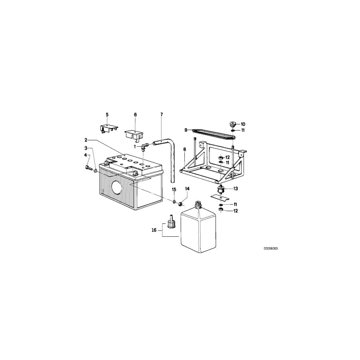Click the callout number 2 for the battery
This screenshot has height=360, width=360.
pyautogui.click(x=86, y=140)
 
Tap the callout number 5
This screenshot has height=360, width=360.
pyautogui.click(x=107, y=114)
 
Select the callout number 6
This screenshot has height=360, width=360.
pyautogui.click(x=135, y=114)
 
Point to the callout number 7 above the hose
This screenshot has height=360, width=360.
pyautogui.click(x=162, y=114)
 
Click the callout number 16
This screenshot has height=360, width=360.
pyautogui.click(x=154, y=230)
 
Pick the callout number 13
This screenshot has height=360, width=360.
pyautogui.click(x=236, y=189)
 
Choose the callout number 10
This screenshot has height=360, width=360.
pyautogui.click(x=243, y=124)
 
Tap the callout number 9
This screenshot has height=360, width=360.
pyautogui.click(x=186, y=130)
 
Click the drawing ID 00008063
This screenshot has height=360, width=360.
pyautogui.click(x=270, y=248)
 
